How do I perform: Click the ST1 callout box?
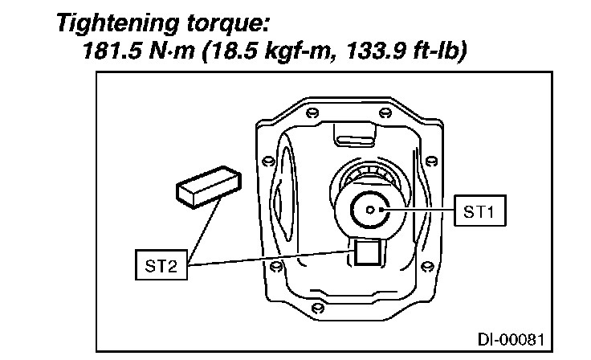[x=480, y=211]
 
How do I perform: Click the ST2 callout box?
[x=161, y=265]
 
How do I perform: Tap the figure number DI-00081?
[x=511, y=340]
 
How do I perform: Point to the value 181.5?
[x=112, y=51]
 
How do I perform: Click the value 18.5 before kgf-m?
[x=231, y=51]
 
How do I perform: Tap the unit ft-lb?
[x=439, y=51]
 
